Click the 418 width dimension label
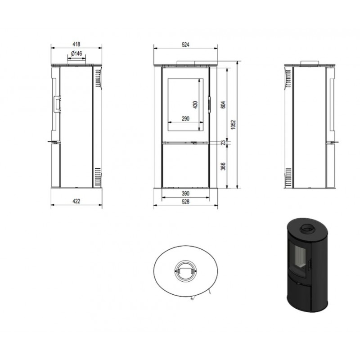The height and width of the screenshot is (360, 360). (x=76, y=44)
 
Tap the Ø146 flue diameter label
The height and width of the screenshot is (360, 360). (x=76, y=54)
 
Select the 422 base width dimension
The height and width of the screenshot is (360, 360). (x=76, y=201)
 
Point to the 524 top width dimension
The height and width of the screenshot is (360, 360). (x=185, y=45)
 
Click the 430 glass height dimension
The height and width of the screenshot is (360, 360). (x=195, y=105)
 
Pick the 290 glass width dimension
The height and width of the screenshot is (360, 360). (x=185, y=118)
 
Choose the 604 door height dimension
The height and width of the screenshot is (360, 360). (x=223, y=105)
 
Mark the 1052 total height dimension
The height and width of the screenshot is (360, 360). (x=234, y=125)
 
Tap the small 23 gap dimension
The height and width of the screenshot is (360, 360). (x=223, y=143)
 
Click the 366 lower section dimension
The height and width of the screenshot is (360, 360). (x=223, y=166)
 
